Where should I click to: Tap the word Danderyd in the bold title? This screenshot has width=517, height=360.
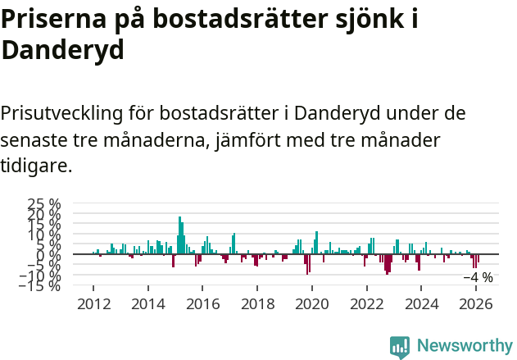pos(62,50)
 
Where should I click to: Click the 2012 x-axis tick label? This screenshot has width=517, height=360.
pos(93,303)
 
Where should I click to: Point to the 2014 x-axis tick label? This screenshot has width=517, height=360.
pos(148,303)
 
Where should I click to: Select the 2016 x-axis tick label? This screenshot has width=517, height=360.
pos(203,303)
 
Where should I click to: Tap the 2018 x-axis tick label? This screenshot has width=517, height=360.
pos(257,303)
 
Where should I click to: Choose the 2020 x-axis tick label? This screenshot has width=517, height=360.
pos(312,303)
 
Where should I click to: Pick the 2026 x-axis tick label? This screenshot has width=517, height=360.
pos(476,303)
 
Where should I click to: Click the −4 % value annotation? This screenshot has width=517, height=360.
pos(478,277)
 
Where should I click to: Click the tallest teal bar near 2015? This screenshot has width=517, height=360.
pos(179,235)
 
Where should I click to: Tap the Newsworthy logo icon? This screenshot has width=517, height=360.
pos(400,347)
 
